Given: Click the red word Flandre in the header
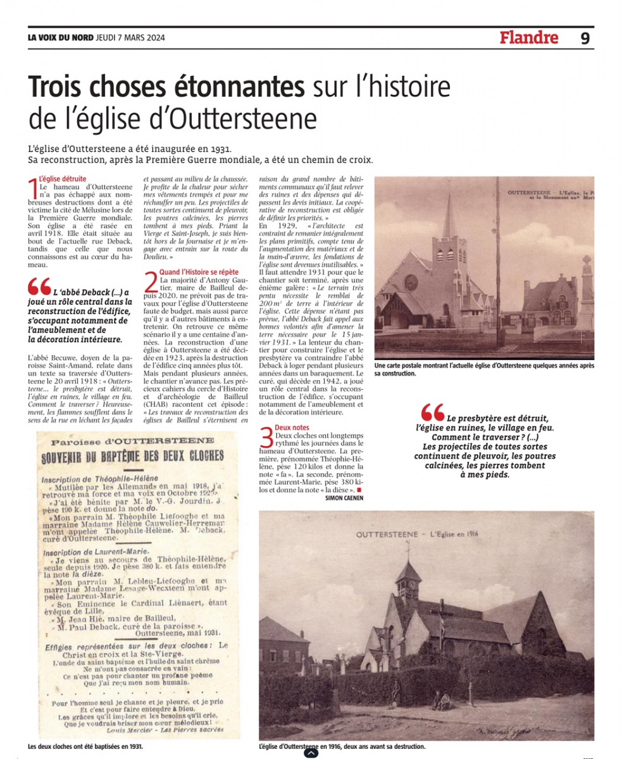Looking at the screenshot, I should pos(529,38).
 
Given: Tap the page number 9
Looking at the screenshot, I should pos(585,38).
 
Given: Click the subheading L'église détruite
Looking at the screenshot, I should pos(62,179).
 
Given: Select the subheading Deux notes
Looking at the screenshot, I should pos(292,428).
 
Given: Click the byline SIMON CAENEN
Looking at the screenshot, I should pos(344,498).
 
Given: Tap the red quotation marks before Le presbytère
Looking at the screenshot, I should pos(433,412).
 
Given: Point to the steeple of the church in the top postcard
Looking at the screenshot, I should pos(449,215).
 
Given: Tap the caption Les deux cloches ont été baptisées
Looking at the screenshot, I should pos(85,746).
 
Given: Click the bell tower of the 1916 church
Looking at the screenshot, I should pos(408,579).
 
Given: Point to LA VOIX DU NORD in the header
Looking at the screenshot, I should pos(60,37).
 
